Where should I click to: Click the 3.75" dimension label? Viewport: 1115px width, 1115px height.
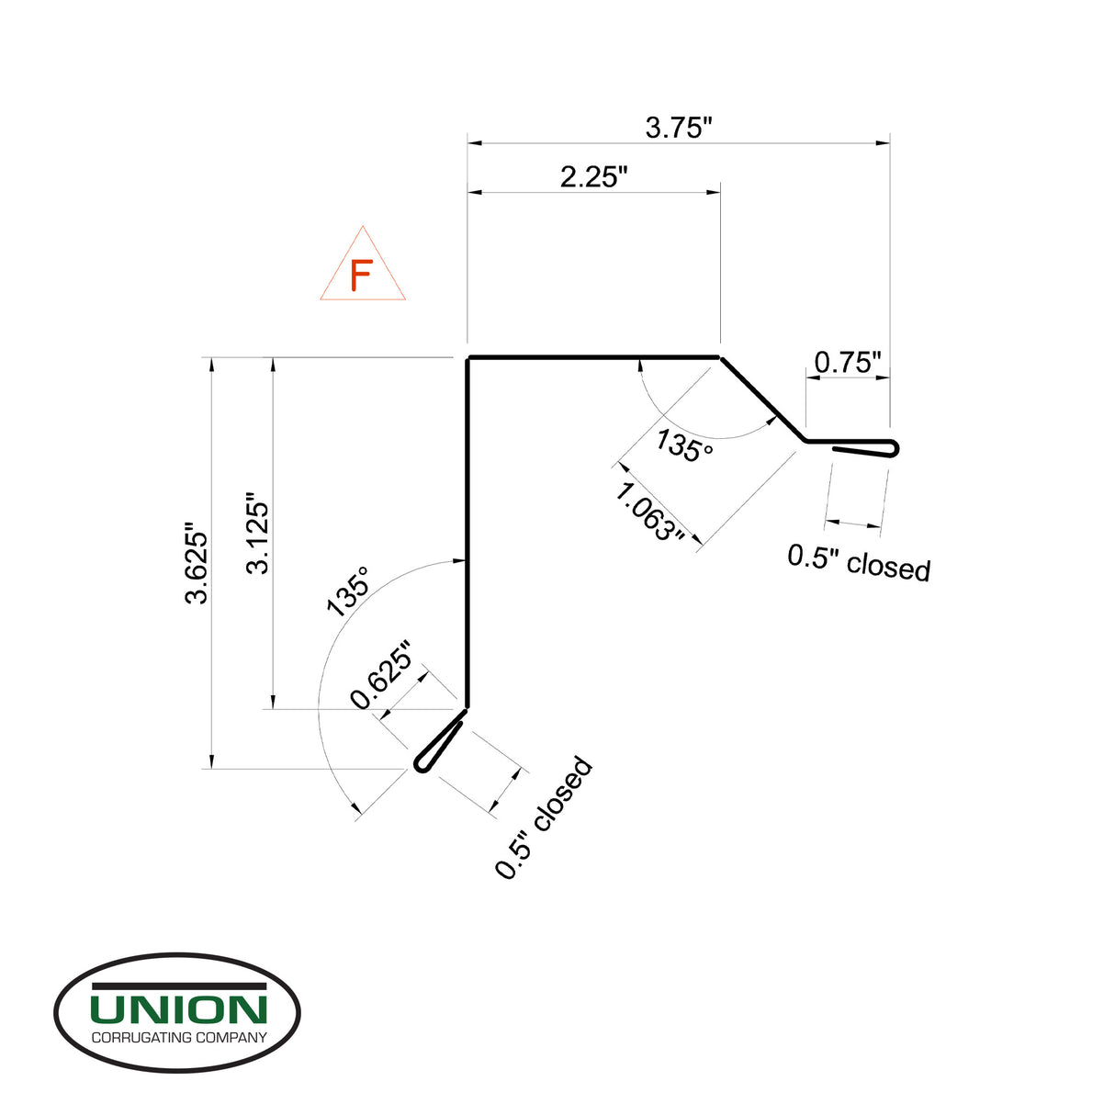(679, 128)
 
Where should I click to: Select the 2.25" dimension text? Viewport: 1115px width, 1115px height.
(593, 176)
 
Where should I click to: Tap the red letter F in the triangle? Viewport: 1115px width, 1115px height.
(362, 276)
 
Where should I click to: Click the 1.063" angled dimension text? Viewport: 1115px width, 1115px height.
(649, 512)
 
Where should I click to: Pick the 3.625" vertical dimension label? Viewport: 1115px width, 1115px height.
(197, 564)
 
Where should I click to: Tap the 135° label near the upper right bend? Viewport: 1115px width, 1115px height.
(684, 446)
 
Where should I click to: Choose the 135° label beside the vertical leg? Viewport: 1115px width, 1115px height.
(348, 590)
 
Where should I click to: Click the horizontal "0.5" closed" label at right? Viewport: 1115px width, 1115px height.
(859, 563)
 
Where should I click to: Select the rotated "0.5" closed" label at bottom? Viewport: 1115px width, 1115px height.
(544, 818)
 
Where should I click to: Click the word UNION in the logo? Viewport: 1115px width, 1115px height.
(178, 1009)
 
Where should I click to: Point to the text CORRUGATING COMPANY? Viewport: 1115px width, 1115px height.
(178, 1038)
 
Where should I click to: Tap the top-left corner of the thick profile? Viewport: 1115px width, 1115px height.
(468, 358)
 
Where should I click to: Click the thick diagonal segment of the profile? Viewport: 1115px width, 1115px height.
(762, 399)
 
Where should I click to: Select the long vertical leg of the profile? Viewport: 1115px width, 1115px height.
(467, 533)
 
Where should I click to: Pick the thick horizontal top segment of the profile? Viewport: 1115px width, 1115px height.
(593, 356)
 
